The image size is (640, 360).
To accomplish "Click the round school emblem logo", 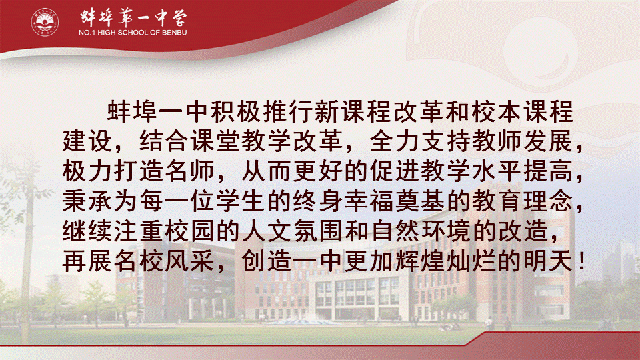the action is tap(45, 22).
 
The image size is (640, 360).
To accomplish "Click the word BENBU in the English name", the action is tap(174, 33).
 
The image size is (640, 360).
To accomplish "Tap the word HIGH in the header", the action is tap(107, 33).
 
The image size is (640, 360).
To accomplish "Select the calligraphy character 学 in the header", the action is tap(177, 17).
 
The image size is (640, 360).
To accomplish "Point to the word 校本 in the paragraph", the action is tap(496, 111).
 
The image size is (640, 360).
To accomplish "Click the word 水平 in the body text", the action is tap(496, 171).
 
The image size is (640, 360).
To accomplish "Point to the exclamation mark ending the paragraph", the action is tap(581, 261).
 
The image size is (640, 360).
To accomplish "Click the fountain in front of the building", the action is tap(303, 322).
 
